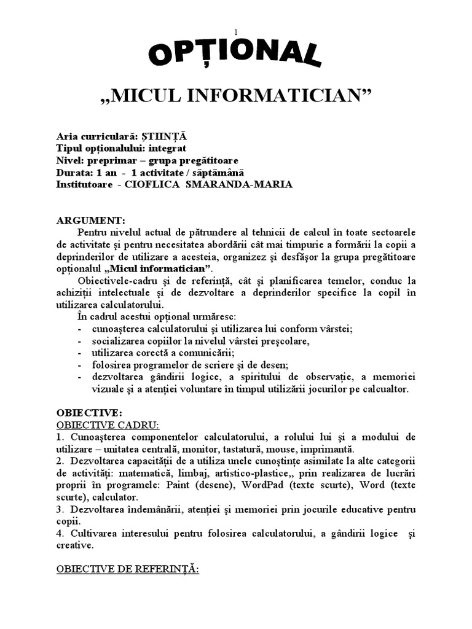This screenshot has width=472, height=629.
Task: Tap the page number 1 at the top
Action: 235,31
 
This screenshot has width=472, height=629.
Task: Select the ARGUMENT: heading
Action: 90,220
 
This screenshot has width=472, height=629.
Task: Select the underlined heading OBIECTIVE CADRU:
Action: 108,424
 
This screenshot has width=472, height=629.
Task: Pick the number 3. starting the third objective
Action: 60,509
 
